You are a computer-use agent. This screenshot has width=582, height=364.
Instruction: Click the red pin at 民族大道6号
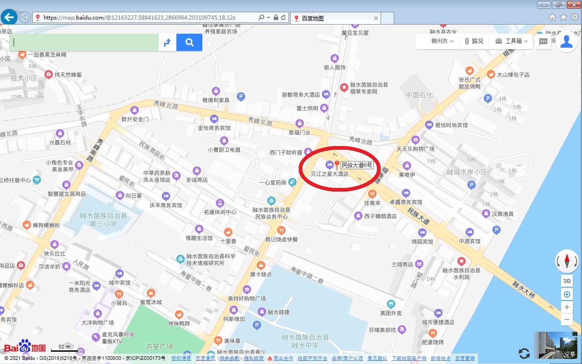(x=337, y=164)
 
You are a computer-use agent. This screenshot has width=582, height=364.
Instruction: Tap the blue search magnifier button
(x=190, y=42)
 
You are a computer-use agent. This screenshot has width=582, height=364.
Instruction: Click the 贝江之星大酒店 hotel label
(x=330, y=173)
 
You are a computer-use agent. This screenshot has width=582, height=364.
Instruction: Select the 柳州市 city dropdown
(x=442, y=41)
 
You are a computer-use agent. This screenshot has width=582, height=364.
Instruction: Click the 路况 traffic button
(x=473, y=41)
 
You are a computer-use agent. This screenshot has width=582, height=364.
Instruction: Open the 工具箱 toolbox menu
(x=512, y=41)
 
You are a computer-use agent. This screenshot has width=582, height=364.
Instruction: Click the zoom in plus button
(x=567, y=307)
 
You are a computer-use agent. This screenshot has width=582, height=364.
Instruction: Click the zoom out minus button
(x=567, y=320)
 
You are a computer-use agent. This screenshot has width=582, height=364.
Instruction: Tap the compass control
(x=567, y=261)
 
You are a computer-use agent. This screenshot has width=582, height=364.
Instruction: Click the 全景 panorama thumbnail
(x=557, y=345)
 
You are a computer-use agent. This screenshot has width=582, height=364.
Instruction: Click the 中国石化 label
(x=419, y=95)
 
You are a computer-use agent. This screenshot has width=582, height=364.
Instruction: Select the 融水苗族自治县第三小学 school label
(x=103, y=220)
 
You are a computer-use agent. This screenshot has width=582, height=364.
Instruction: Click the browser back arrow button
(x=9, y=17)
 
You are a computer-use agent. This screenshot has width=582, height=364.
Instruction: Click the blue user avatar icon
(x=567, y=41)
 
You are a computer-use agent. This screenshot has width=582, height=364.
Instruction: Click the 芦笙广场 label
(x=160, y=347)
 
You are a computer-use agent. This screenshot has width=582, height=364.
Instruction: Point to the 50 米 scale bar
(x=65, y=348)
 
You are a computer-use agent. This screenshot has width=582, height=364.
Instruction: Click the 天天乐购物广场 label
(x=416, y=149)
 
